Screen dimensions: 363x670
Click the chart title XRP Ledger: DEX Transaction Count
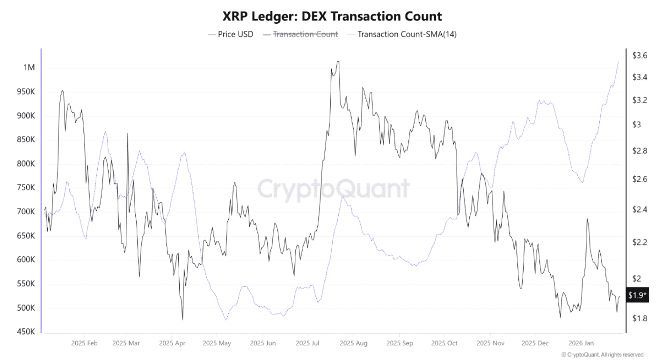click(x=332, y=16)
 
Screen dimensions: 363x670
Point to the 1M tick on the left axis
click(x=29, y=67)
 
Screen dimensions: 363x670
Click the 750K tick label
click(x=26, y=188)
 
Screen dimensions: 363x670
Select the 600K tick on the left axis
click(x=26, y=260)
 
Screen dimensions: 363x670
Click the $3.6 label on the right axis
click(x=640, y=56)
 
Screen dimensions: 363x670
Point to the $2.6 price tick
click(x=640, y=179)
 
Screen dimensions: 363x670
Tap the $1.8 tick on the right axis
click(x=640, y=319)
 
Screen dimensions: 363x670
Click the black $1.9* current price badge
click(x=637, y=295)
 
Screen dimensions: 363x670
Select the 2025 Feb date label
click(x=85, y=343)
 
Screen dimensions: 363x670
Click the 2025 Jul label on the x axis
click(x=307, y=343)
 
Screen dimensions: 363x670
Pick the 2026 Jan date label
click(x=581, y=343)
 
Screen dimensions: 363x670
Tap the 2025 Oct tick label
click(x=444, y=343)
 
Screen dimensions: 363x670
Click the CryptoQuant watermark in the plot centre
click(x=333, y=189)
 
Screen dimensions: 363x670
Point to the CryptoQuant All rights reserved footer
click(x=602, y=355)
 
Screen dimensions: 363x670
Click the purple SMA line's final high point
click(x=619, y=61)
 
